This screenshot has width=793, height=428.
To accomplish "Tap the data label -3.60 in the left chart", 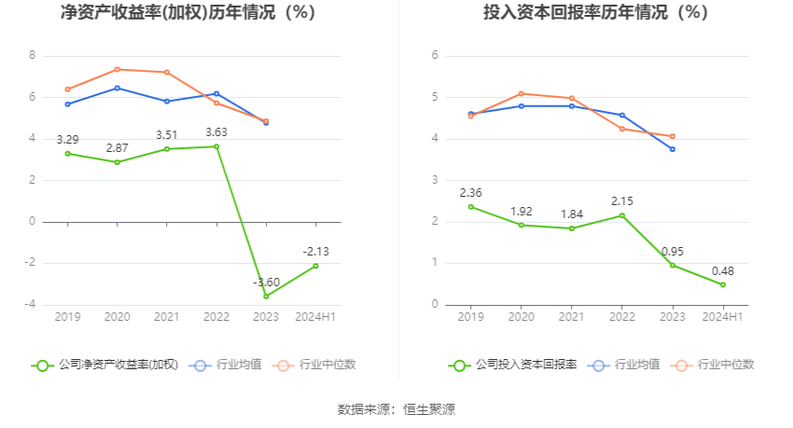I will point(267,283).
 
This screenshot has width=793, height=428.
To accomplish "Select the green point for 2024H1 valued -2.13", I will point(315,266).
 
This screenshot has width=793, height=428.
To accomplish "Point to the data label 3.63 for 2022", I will point(216,132).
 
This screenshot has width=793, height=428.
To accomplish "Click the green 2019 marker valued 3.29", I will point(68,153).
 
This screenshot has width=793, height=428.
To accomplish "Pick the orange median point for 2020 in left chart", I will point(118,69).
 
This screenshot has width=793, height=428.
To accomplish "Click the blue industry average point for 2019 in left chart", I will point(68,104).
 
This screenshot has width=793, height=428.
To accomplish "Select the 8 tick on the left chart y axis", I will point(33,55).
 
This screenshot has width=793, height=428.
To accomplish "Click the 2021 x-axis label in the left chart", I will point(167,317).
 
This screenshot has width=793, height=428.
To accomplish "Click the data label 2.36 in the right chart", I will point(471,193).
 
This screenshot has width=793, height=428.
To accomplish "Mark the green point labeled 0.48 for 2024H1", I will point(722,284).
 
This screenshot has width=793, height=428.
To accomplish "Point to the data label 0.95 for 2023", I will point(673,252).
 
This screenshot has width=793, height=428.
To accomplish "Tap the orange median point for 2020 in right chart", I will point(521,93).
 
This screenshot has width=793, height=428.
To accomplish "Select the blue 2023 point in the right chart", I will point(672,149).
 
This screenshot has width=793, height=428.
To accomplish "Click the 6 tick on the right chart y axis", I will point(435,55).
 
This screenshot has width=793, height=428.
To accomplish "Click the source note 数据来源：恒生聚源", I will point(396,409).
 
